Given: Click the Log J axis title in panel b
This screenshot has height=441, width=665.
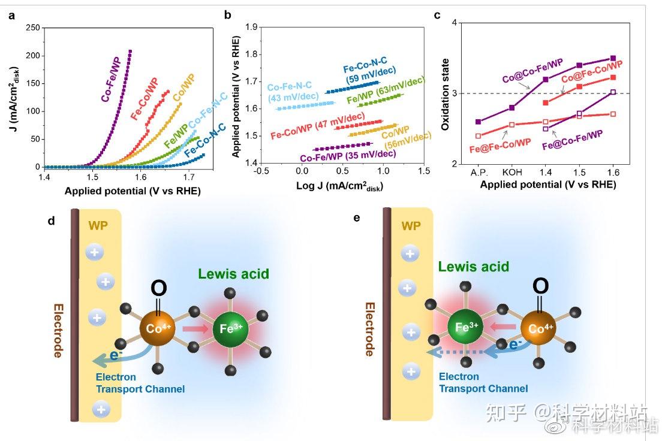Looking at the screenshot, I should tap(339, 186).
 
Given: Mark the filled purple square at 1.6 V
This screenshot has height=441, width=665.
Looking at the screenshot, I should tap(612, 59).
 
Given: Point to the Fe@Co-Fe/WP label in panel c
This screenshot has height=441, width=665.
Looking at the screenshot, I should tap(572, 144).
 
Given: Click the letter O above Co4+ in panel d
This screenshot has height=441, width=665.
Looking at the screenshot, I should tap(158, 289).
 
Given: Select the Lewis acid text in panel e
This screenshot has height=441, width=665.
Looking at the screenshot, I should tap(473, 267).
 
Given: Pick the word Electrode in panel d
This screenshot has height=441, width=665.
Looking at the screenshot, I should tap(58, 330).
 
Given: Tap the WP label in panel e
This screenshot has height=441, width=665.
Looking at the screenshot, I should tap(411, 227).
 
